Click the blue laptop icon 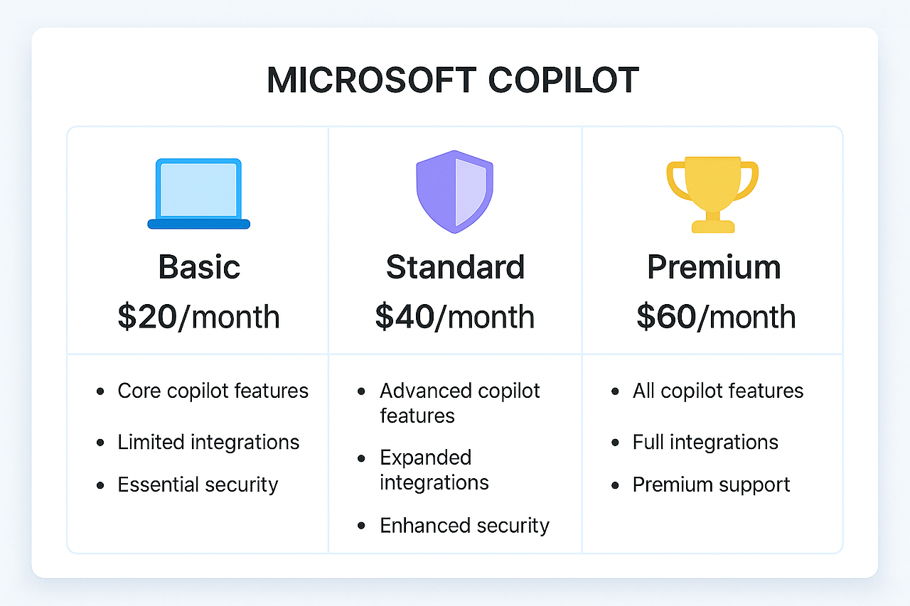point(198,193)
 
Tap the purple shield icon point(454,191)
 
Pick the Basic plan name point(199,267)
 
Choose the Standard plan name point(455,267)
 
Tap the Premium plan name point(713,267)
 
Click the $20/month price point(198,317)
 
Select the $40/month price point(455,317)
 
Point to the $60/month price point(715,317)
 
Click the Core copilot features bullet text point(213,391)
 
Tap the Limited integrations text point(208,442)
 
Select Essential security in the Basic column point(198,485)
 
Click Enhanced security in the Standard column point(464,525)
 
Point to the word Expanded point(425,457)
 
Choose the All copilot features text point(717,391)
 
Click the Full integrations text point(705,442)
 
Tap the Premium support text point(711,485)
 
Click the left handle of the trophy point(675,180)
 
